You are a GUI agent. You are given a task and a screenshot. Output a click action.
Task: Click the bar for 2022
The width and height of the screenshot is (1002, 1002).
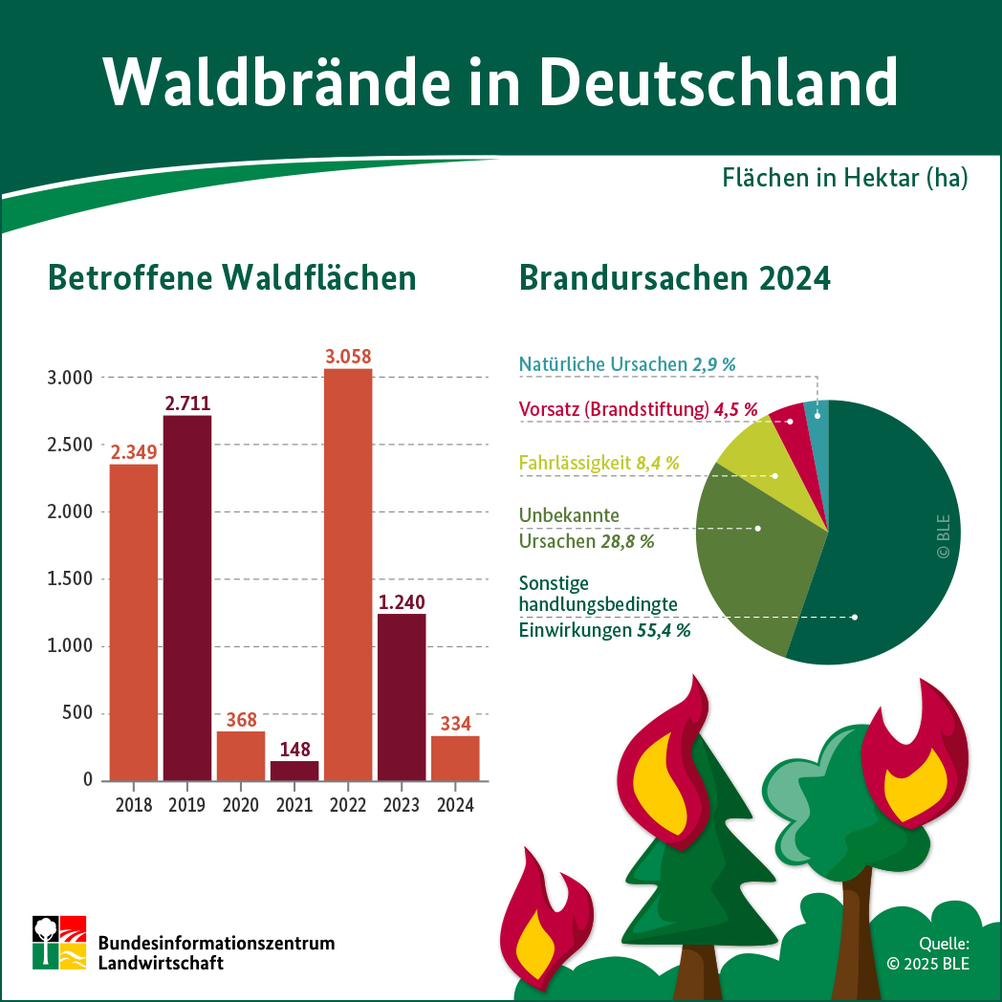348,574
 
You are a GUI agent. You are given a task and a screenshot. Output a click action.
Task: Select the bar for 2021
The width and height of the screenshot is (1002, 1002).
294,770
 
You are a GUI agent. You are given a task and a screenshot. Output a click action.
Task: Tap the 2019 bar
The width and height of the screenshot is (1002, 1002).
187,598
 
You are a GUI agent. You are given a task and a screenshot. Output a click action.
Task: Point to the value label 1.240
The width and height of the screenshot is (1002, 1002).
402,602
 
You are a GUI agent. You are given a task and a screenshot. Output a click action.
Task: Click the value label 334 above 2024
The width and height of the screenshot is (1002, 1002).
456,724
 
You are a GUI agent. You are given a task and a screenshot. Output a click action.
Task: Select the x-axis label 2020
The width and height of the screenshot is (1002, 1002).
241,805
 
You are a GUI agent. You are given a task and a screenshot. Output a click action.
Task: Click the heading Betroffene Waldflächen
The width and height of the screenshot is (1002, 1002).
232,277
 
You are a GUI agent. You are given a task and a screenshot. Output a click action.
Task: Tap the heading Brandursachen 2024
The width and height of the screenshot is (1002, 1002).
675,277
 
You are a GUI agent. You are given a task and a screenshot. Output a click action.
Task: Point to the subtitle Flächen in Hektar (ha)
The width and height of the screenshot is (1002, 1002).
844,178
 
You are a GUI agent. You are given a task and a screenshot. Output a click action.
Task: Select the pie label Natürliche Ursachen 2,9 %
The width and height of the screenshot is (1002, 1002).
627,364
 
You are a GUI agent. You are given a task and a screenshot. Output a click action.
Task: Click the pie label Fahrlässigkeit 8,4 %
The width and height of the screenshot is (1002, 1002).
599,463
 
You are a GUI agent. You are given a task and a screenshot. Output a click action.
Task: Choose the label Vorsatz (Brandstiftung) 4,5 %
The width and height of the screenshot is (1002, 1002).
638,409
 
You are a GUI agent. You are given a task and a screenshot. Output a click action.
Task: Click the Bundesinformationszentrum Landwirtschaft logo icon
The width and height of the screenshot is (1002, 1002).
59,942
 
